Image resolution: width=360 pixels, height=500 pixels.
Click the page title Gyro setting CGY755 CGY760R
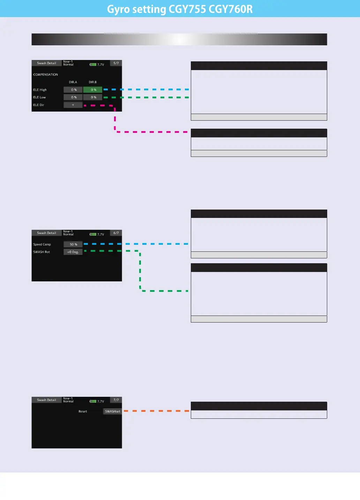click(180, 9)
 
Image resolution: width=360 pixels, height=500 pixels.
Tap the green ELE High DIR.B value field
click(93, 90)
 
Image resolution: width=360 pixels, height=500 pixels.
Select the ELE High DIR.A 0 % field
click(73, 90)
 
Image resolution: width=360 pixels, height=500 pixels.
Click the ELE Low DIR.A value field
click(73, 97)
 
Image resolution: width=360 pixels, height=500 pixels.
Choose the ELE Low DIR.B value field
click(93, 97)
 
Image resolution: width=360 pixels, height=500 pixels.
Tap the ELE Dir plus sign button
click(73, 105)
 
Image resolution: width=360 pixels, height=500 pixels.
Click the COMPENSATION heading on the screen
click(46, 75)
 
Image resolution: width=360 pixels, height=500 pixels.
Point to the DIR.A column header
click(73, 82)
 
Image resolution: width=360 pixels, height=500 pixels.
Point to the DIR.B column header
click(93, 82)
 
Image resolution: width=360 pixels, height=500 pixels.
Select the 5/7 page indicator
click(116, 63)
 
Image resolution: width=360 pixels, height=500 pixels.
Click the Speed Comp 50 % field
click(73, 244)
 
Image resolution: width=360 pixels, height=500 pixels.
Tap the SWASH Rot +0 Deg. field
click(73, 252)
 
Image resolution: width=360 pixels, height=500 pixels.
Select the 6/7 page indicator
click(116, 233)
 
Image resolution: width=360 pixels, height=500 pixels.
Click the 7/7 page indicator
click(116, 400)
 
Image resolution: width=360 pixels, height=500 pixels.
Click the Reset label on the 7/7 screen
click(83, 411)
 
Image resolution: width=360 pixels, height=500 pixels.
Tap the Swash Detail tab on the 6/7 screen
click(47, 233)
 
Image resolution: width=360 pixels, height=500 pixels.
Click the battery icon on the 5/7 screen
click(93, 65)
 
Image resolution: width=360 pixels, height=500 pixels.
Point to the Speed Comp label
click(42, 244)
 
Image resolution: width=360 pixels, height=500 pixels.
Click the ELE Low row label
click(39, 97)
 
